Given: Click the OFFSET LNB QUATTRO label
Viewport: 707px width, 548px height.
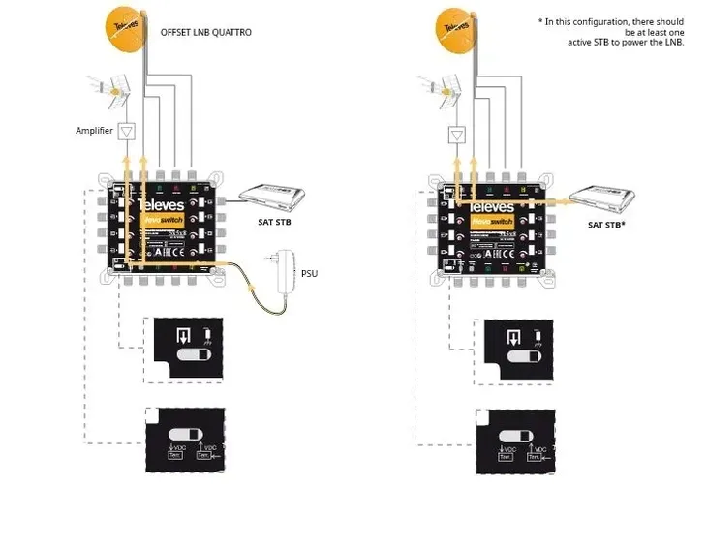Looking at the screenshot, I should point(206,32).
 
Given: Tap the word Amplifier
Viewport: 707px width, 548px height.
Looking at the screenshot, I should point(95,130).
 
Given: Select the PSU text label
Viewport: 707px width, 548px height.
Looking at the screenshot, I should point(309,274).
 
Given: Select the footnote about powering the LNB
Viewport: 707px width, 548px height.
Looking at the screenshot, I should point(611,32).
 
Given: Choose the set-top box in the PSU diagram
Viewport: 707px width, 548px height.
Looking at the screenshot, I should point(272,198).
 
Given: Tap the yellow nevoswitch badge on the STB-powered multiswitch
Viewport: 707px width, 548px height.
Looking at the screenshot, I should point(488,222).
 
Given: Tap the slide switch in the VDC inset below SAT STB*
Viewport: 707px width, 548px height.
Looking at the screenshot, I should point(515,433).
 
